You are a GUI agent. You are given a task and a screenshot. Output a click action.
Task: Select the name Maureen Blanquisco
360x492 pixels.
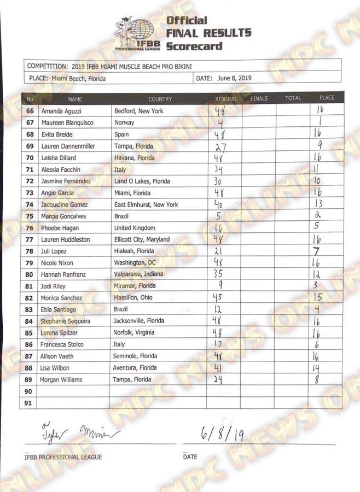pyautogui.click(x=67, y=122)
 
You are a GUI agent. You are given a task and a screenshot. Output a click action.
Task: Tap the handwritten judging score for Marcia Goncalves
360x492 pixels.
pyautogui.click(x=218, y=216)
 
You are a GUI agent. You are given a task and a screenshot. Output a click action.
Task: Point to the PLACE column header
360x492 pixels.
pyautogui.click(x=327, y=98)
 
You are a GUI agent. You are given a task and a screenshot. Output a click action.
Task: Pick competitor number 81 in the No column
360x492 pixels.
pyautogui.click(x=30, y=286)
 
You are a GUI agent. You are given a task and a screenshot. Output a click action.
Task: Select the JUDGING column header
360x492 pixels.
pyautogui.click(x=225, y=99)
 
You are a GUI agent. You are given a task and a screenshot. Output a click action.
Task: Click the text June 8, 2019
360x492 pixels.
pyautogui.click(x=234, y=78)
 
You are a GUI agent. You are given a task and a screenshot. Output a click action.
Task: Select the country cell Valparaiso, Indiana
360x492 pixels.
pyautogui.click(x=138, y=274)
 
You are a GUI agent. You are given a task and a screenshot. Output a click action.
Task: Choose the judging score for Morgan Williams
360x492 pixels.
pyautogui.click(x=218, y=379)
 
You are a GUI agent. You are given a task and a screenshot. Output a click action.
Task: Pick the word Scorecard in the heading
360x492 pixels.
pyautogui.click(x=194, y=46)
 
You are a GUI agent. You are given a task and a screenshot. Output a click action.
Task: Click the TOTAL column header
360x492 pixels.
pyautogui.click(x=293, y=98)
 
